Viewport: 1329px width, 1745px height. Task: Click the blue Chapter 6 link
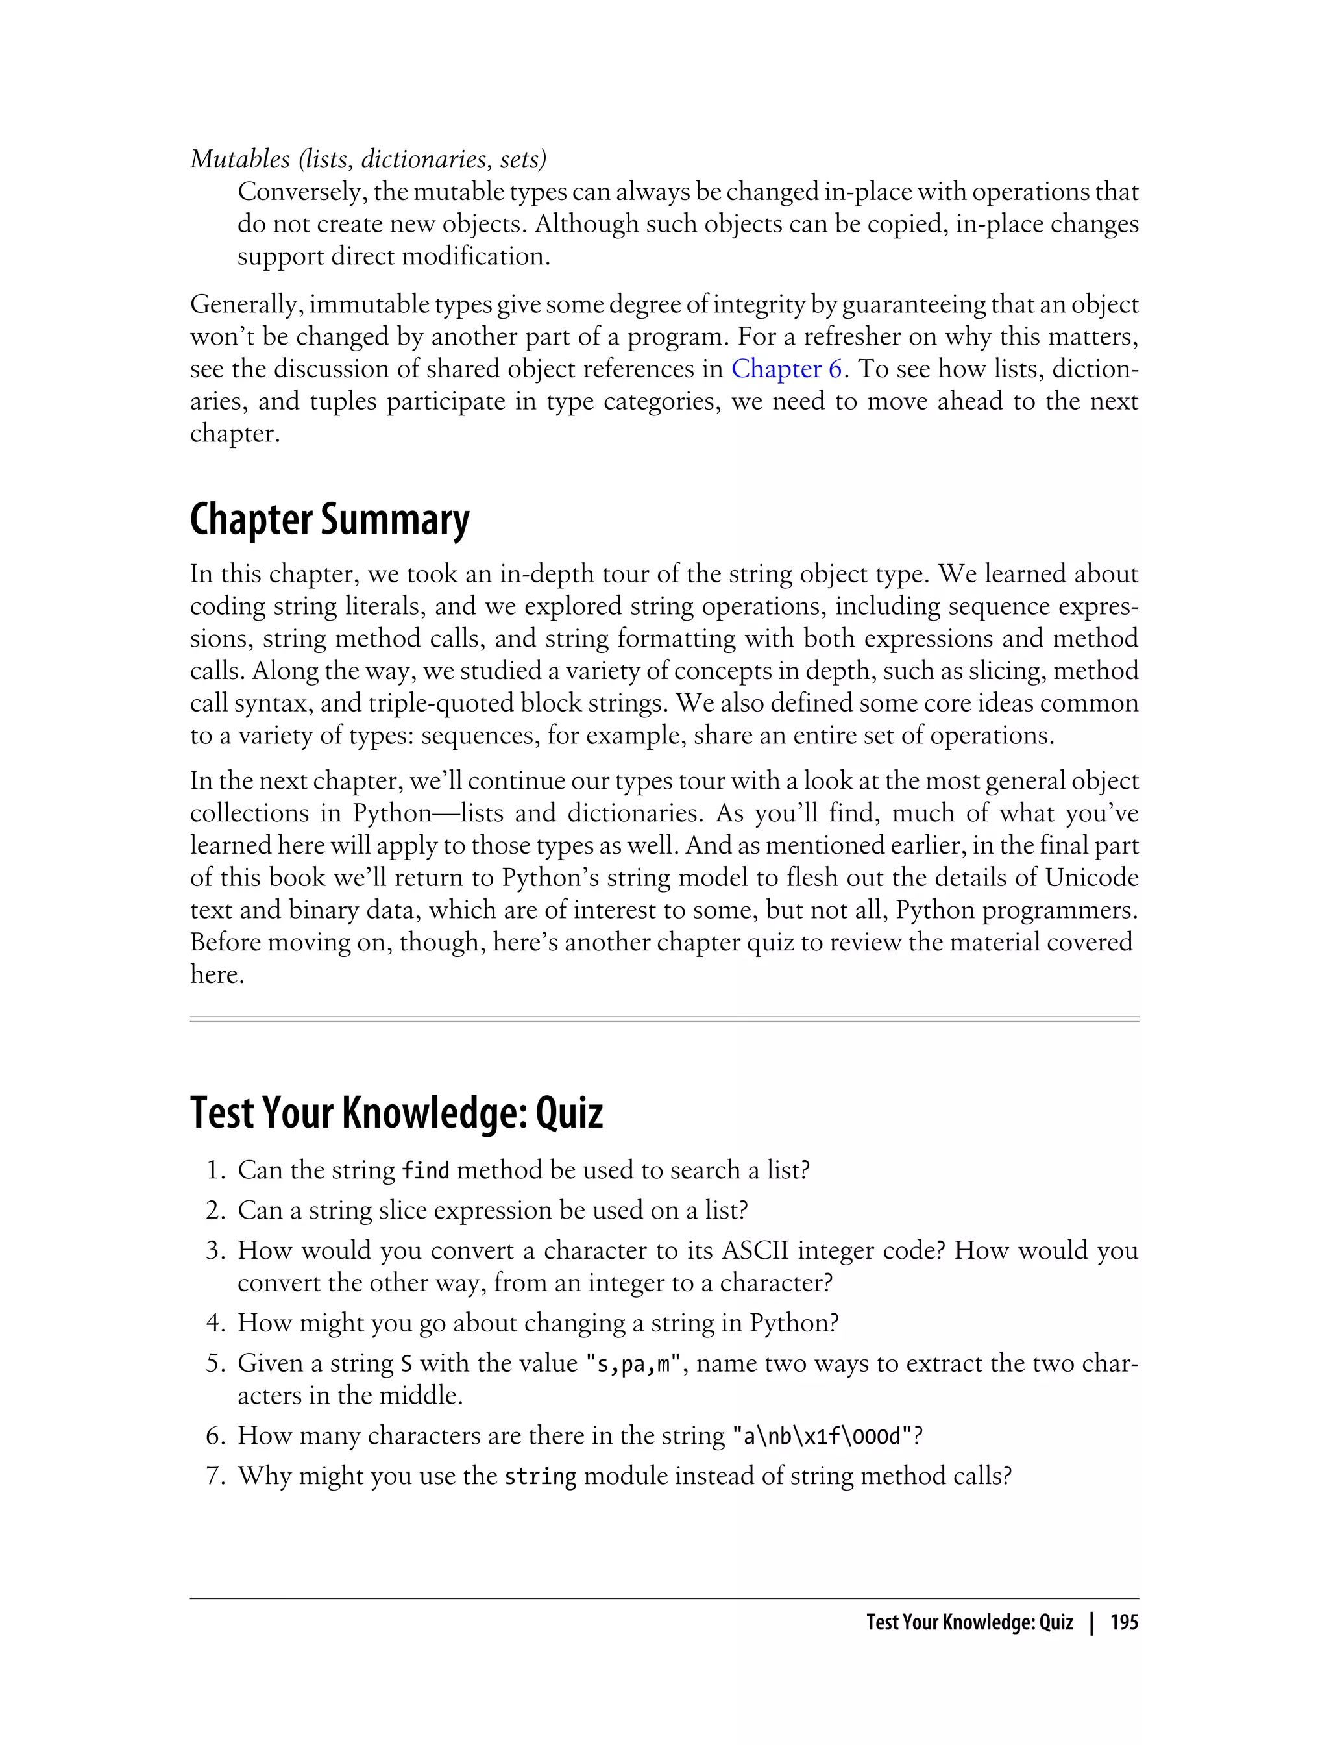tap(786, 369)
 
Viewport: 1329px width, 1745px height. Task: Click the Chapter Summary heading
tap(329, 520)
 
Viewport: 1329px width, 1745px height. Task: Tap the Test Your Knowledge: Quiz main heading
tap(396, 1112)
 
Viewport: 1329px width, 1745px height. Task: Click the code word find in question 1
tap(426, 1170)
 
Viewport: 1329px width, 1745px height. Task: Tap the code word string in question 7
tap(541, 1477)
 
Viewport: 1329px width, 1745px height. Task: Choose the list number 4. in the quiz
tap(217, 1323)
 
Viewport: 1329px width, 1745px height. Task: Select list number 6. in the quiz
tap(217, 1435)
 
